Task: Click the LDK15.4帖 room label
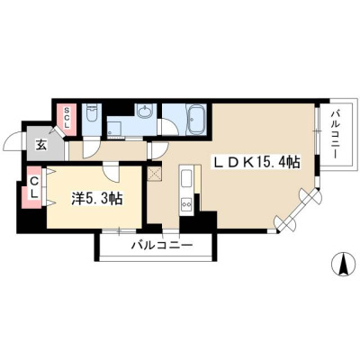[x=256, y=162]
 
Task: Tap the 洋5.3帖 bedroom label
[x=96, y=198]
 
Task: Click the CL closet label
[x=34, y=188]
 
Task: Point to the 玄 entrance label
[x=41, y=145]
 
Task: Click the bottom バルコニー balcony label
[x=162, y=246]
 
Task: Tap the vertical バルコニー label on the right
[x=336, y=134]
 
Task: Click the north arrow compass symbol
[x=343, y=264]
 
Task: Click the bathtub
[x=196, y=119]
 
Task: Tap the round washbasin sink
[x=145, y=112]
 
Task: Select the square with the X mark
[x=155, y=174]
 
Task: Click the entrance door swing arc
[x=13, y=142]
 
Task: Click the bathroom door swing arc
[x=168, y=127]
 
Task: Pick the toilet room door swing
[x=91, y=149]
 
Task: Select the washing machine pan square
[x=115, y=128]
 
